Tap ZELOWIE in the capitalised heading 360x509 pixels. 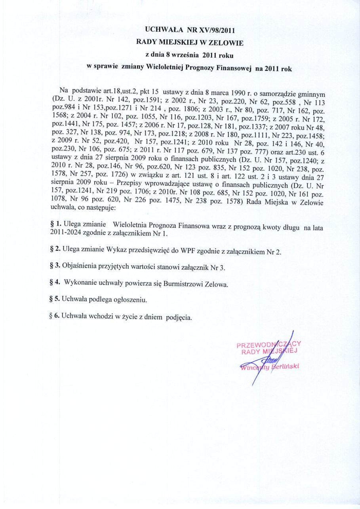click(x=227, y=42)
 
